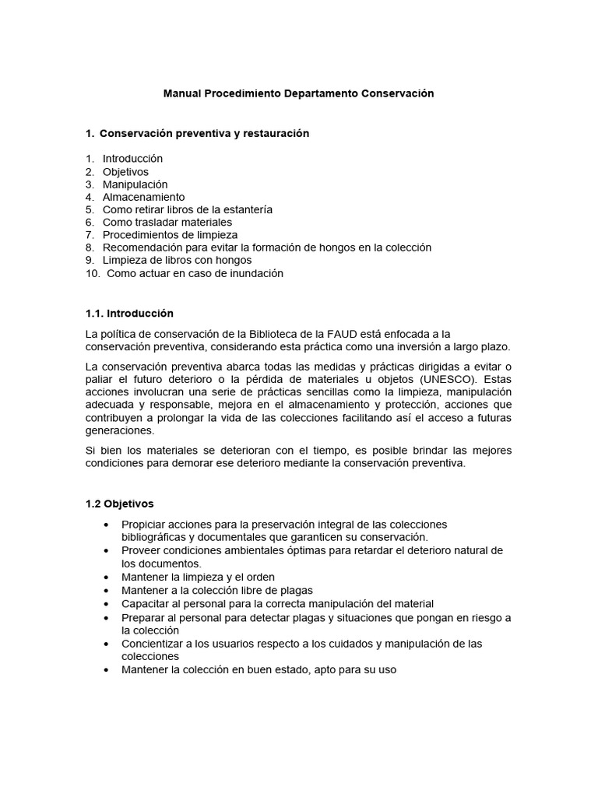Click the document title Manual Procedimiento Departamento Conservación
coord(298,93)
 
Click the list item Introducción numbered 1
coord(132,159)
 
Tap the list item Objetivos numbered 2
coord(125,172)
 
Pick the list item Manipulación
coord(135,184)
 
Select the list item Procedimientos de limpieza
coord(170,235)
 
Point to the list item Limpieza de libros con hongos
coord(177,260)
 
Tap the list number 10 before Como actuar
coord(92,273)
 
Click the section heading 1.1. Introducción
coord(129,314)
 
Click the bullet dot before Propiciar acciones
coord(106,525)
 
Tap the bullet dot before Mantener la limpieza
coord(106,578)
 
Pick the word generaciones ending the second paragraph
coord(120,430)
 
